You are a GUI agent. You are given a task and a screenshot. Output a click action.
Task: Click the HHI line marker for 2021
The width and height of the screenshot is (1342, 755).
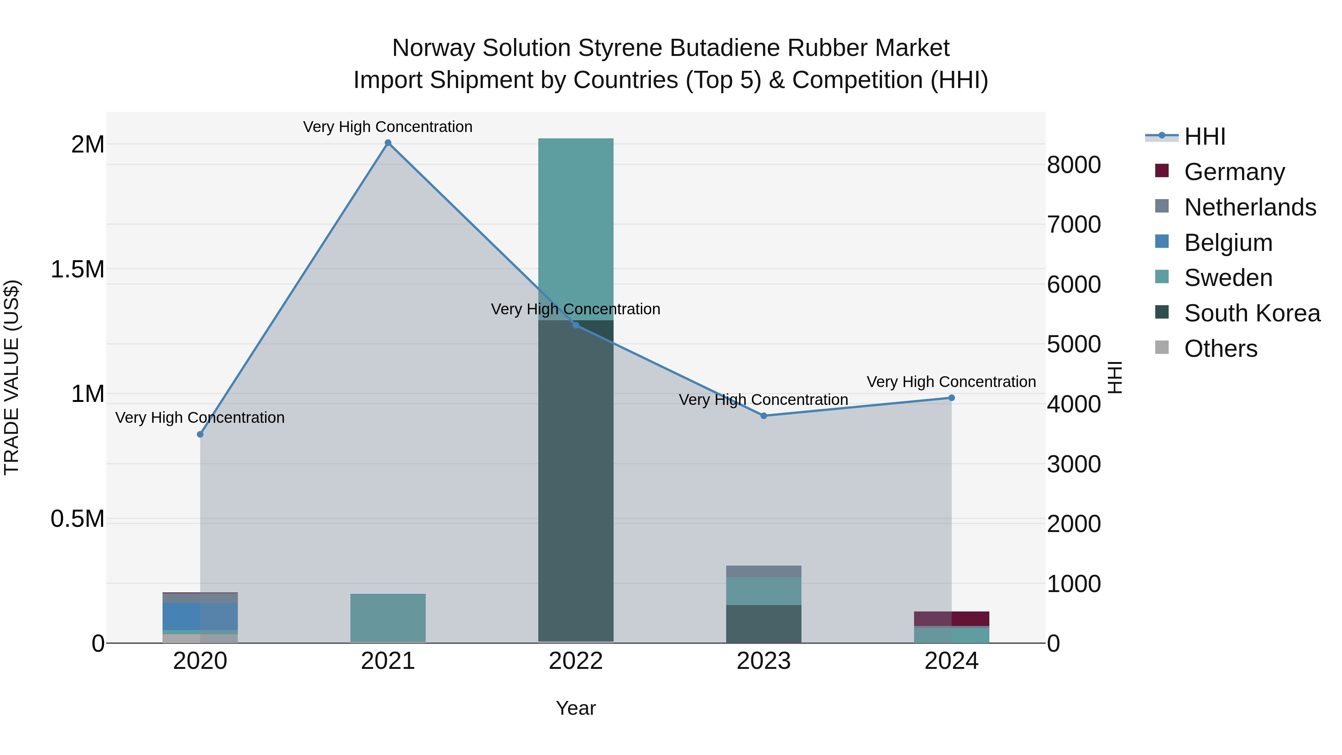click(388, 143)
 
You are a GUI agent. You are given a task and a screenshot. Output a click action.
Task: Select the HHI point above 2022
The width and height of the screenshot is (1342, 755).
click(576, 325)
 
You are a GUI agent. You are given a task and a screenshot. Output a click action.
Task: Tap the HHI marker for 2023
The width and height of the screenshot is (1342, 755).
click(764, 416)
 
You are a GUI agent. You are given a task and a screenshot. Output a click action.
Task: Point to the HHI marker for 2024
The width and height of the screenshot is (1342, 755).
click(951, 398)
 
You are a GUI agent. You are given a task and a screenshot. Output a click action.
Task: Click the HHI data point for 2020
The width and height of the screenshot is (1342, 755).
click(200, 435)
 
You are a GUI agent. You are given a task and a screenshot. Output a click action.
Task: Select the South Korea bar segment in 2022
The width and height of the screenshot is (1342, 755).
click(576, 479)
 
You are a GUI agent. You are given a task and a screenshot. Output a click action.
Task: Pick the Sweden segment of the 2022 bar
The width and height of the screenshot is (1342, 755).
click(576, 229)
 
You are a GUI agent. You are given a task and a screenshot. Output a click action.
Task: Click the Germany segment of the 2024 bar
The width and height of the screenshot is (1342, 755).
click(951, 619)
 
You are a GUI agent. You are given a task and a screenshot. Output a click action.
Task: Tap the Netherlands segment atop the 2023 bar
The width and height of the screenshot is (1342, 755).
click(764, 571)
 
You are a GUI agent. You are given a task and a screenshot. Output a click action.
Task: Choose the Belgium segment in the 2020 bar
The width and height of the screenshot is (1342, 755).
click(200, 616)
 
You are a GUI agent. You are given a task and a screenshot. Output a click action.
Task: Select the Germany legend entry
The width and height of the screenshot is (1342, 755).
click(1235, 172)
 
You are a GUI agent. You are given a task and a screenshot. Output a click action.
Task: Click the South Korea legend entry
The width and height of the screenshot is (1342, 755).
click(1252, 313)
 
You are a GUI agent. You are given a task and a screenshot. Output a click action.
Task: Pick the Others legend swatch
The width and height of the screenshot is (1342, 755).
click(1162, 347)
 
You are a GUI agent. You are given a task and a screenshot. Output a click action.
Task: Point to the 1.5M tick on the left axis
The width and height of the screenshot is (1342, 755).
click(77, 270)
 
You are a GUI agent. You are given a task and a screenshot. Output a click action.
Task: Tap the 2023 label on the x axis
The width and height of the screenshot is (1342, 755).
click(764, 661)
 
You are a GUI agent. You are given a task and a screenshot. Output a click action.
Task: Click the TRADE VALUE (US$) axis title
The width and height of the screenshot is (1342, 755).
click(12, 377)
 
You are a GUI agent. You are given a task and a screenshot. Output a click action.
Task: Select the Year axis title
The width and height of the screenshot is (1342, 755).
click(576, 708)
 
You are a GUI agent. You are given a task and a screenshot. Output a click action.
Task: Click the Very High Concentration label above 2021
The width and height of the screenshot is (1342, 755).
click(388, 127)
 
